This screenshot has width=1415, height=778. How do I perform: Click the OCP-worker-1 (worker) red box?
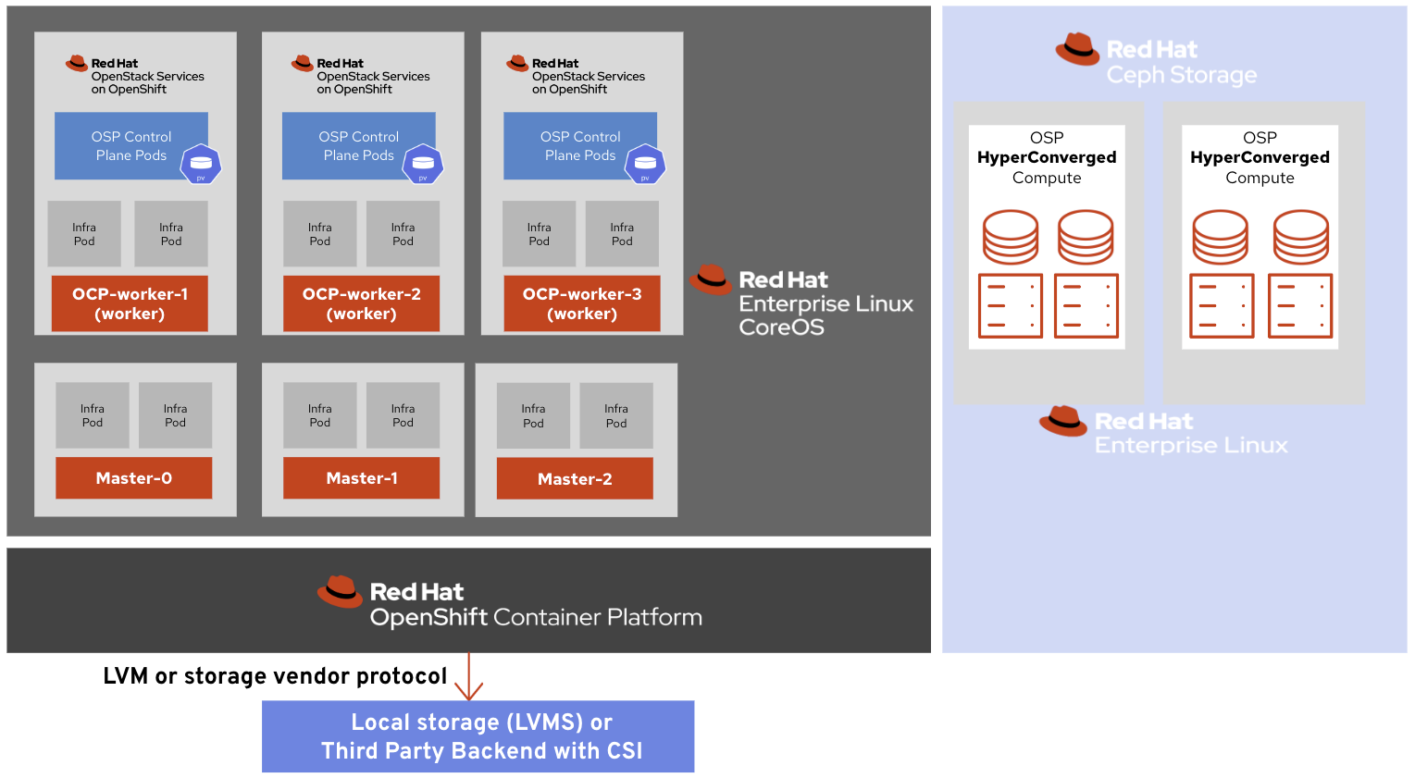pyautogui.click(x=130, y=303)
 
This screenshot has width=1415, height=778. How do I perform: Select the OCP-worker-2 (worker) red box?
pyautogui.click(x=361, y=303)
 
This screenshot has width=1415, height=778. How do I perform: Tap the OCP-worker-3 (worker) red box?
pyautogui.click(x=581, y=303)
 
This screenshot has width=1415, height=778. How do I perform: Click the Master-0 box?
pyautogui.click(x=133, y=478)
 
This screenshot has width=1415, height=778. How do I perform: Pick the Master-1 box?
pyautogui.click(x=361, y=478)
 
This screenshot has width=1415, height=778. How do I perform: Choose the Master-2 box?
pyautogui.click(x=574, y=479)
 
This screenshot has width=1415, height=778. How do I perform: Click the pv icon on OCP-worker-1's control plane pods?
pyautogui.click(x=201, y=165)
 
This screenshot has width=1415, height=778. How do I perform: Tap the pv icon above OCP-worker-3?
pyautogui.click(x=645, y=165)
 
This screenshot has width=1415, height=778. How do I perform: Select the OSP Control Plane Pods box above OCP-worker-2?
pyautogui.click(x=352, y=145)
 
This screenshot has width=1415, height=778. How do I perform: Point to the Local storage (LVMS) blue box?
pyautogui.click(x=478, y=736)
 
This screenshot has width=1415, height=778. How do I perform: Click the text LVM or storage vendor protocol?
pyautogui.click(x=275, y=676)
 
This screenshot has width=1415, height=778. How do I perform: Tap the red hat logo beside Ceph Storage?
pyautogui.click(x=1077, y=50)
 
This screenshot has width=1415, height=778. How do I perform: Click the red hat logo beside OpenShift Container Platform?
pyautogui.click(x=340, y=592)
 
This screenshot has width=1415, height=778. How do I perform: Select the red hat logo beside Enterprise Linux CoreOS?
pyautogui.click(x=710, y=279)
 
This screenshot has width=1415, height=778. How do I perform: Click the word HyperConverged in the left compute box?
pyautogui.click(x=1047, y=157)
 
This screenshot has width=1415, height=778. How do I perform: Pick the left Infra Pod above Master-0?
pyautogui.click(x=93, y=415)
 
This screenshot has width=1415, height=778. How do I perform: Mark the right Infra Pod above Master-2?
pyautogui.click(x=616, y=415)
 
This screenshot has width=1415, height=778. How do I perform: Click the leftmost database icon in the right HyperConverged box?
pyautogui.click(x=1220, y=237)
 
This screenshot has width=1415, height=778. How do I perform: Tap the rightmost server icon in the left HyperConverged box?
pyautogui.click(x=1086, y=306)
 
